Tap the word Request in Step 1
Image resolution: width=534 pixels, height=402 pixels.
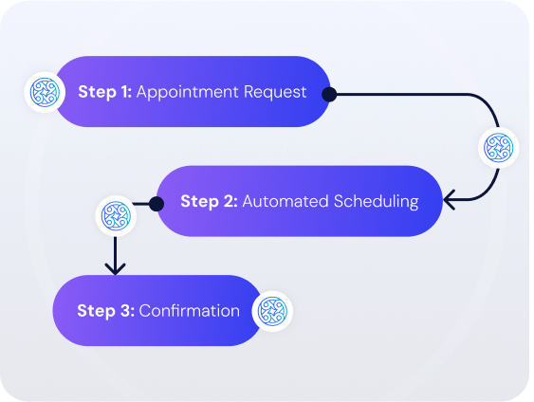click(x=275, y=92)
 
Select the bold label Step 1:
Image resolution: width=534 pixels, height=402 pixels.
click(x=105, y=92)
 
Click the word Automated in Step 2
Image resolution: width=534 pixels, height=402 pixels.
click(x=285, y=201)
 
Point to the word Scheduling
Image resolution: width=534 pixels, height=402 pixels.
click(x=377, y=202)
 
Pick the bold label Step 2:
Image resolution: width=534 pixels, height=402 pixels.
click(x=209, y=201)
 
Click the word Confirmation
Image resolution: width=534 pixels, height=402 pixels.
click(x=190, y=311)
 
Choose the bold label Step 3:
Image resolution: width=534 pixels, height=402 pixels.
click(x=106, y=311)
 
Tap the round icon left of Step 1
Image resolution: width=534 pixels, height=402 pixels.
click(x=45, y=92)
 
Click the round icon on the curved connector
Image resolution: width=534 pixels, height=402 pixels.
click(x=499, y=148)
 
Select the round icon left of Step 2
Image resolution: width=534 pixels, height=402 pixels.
click(x=116, y=216)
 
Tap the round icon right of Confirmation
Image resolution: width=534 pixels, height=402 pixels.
click(x=272, y=311)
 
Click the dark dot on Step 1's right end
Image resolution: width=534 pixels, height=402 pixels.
click(x=329, y=94)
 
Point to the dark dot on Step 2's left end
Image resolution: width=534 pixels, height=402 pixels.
click(x=157, y=204)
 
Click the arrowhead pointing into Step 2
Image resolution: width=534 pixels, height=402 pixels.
click(x=449, y=200)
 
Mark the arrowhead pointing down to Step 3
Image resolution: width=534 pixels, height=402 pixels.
click(x=115, y=269)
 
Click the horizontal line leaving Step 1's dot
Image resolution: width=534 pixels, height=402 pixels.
click(x=402, y=94)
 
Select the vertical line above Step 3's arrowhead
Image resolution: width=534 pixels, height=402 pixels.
click(x=115, y=253)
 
